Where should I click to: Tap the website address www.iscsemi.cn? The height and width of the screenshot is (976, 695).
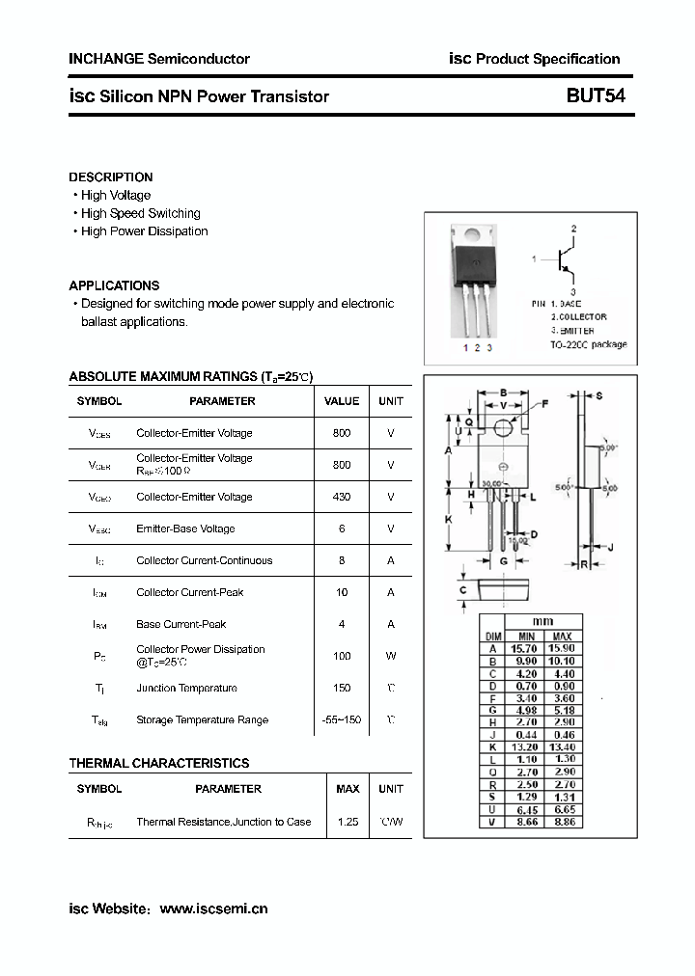(212, 908)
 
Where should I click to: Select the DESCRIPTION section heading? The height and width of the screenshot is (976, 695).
(110, 177)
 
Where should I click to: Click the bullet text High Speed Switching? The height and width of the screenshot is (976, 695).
(141, 213)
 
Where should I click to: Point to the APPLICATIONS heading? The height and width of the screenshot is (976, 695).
(114, 285)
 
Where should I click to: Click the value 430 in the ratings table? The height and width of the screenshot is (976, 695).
(342, 497)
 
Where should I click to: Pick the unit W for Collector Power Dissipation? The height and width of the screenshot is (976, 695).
(391, 656)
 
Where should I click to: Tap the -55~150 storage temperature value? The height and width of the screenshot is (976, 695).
(342, 719)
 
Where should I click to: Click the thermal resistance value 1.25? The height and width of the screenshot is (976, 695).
(347, 822)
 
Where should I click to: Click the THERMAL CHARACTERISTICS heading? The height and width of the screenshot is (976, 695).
(158, 763)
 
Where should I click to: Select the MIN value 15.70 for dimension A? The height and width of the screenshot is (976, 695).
(526, 649)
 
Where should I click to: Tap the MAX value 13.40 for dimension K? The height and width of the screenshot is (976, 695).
(563, 747)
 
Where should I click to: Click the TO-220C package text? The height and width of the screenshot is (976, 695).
(588, 344)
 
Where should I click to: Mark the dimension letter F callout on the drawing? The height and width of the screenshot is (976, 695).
(544, 403)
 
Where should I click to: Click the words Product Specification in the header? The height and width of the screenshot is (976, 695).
(548, 59)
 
